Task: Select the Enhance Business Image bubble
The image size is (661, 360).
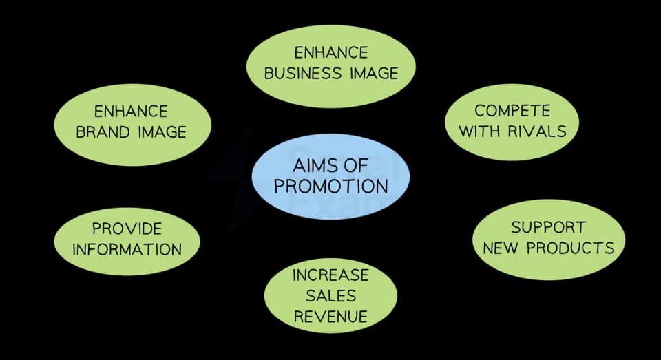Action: coord(330,63)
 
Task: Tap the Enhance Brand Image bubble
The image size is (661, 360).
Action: coord(131,121)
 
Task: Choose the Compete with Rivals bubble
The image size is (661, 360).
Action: coord(512,120)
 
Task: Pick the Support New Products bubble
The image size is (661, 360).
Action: coord(548,237)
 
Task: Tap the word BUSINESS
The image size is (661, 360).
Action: coord(299,73)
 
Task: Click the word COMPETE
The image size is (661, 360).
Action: coord(512,110)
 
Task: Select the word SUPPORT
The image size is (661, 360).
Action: coord(548,226)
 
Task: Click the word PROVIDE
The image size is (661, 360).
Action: coord(127,228)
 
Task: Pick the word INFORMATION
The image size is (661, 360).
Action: coord(127,249)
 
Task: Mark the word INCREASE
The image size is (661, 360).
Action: coord(330,275)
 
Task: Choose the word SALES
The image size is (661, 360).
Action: coord(330,296)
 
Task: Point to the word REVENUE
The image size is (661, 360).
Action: coord(330,317)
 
